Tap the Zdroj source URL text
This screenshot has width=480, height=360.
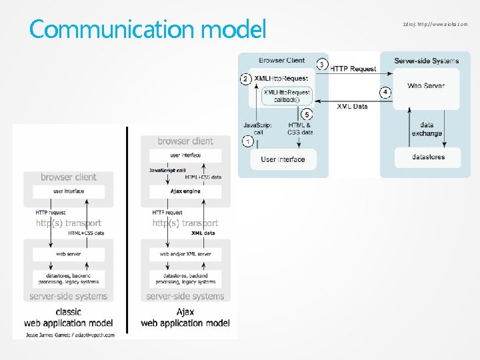(x=435, y=24)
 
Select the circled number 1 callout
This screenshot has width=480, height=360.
(x=247, y=142)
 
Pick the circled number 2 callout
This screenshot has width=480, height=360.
(x=245, y=79)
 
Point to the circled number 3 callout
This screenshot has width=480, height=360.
(x=322, y=65)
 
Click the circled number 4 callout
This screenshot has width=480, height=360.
(x=385, y=91)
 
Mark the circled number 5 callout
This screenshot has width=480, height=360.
(x=306, y=114)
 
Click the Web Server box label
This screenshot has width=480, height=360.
(x=426, y=85)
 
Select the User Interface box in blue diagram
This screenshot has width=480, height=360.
(x=283, y=159)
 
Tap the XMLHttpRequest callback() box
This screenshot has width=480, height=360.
(x=287, y=96)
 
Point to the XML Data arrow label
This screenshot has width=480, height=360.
(x=351, y=107)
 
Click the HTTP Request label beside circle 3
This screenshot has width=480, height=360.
(x=353, y=68)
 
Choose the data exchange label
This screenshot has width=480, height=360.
(x=427, y=129)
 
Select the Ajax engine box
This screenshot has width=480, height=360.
(x=185, y=191)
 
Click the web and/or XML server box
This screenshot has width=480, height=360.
(x=185, y=254)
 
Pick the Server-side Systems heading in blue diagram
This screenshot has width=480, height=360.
(x=426, y=61)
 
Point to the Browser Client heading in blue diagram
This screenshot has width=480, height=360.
(x=283, y=60)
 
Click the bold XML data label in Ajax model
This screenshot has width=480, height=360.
(x=203, y=233)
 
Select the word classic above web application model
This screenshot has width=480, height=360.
(x=68, y=311)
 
